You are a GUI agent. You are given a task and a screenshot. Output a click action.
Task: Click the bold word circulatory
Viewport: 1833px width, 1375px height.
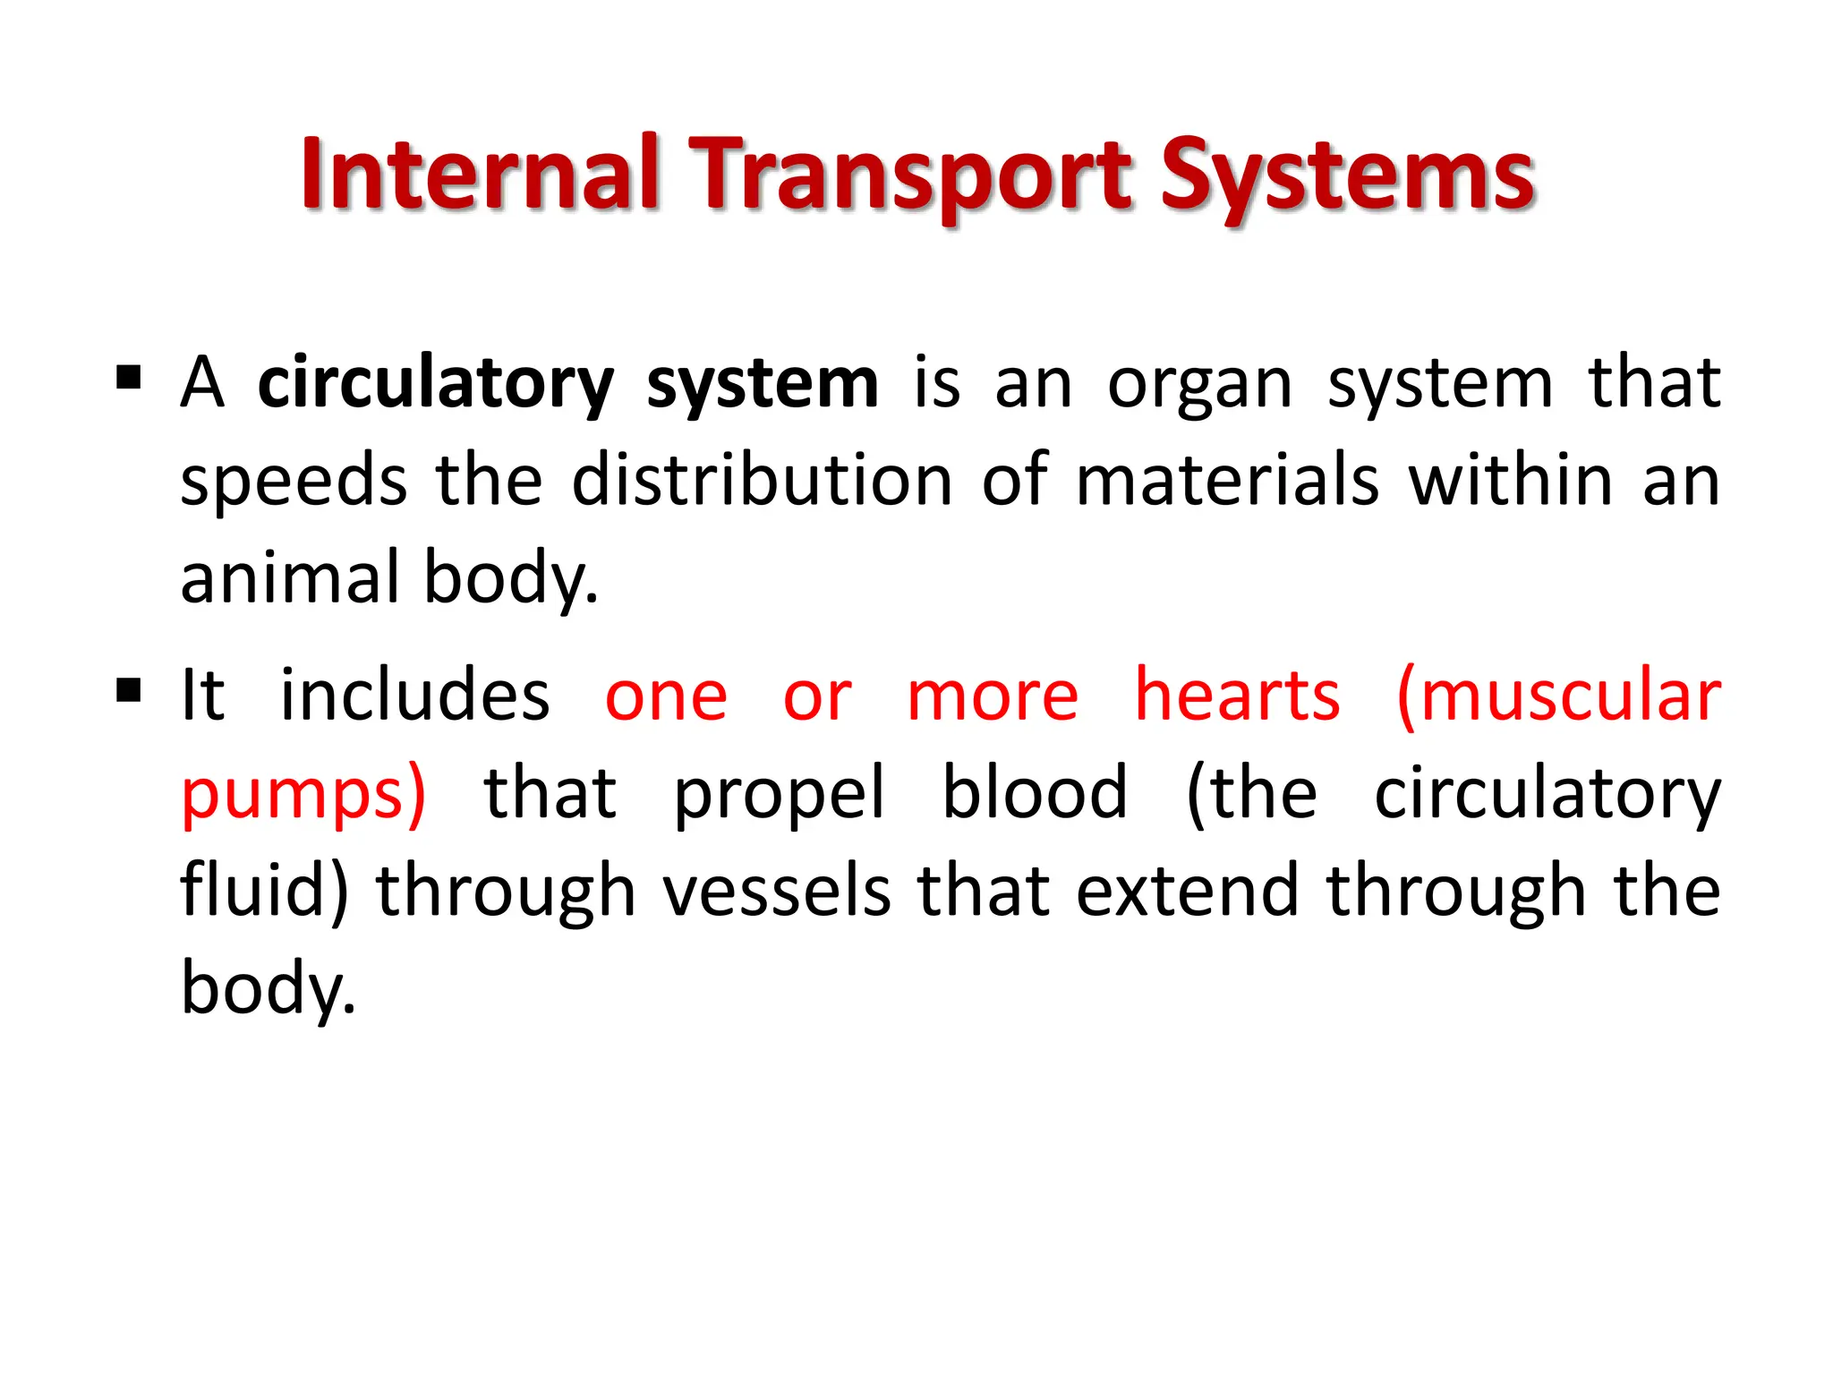[436, 384]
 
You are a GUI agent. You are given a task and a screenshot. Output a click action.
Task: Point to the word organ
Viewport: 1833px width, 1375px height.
[1199, 386]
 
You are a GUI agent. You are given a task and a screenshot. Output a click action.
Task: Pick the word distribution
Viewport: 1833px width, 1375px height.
[763, 481]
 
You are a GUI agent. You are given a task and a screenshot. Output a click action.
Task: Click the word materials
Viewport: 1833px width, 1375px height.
[1227, 481]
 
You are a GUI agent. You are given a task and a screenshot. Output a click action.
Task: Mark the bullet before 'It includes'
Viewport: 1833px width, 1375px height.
[129, 690]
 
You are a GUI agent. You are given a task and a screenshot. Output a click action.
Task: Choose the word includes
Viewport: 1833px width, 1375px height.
[415, 696]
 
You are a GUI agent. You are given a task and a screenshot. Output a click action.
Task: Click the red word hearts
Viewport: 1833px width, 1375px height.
[1238, 696]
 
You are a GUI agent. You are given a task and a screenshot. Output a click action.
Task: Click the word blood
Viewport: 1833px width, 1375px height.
[1035, 793]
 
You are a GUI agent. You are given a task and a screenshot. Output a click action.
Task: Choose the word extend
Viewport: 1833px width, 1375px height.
[1187, 891]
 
